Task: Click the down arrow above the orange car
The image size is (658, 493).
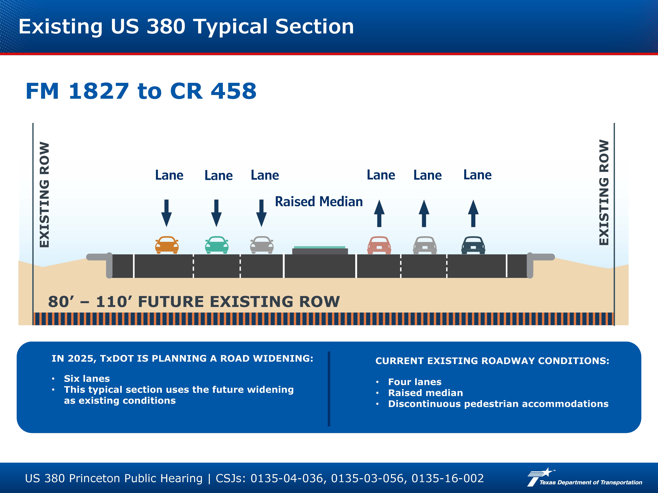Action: coord(167,213)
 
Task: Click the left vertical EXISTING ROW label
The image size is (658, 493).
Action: coord(44,195)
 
